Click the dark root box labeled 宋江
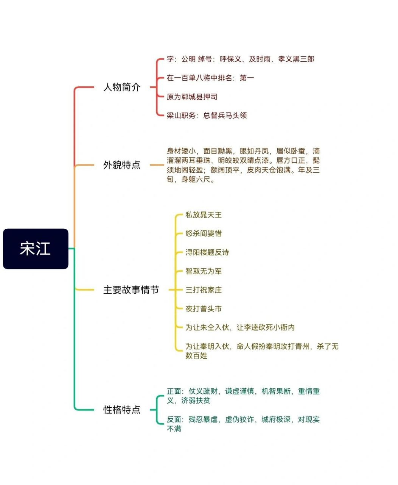(36, 249)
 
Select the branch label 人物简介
(122, 87)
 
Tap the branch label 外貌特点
(122, 165)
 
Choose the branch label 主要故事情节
(131, 290)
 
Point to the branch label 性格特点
(122, 410)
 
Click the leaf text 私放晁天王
(204, 215)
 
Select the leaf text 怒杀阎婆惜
(204, 233)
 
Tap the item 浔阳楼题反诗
(207, 252)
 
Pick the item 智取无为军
(204, 271)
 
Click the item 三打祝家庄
(204, 290)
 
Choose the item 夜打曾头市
(204, 309)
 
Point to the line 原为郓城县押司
(192, 97)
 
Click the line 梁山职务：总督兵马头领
(207, 115)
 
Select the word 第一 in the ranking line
(247, 78)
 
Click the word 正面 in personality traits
(174, 391)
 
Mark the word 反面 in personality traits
(174, 419)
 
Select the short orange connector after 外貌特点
(157, 165)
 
